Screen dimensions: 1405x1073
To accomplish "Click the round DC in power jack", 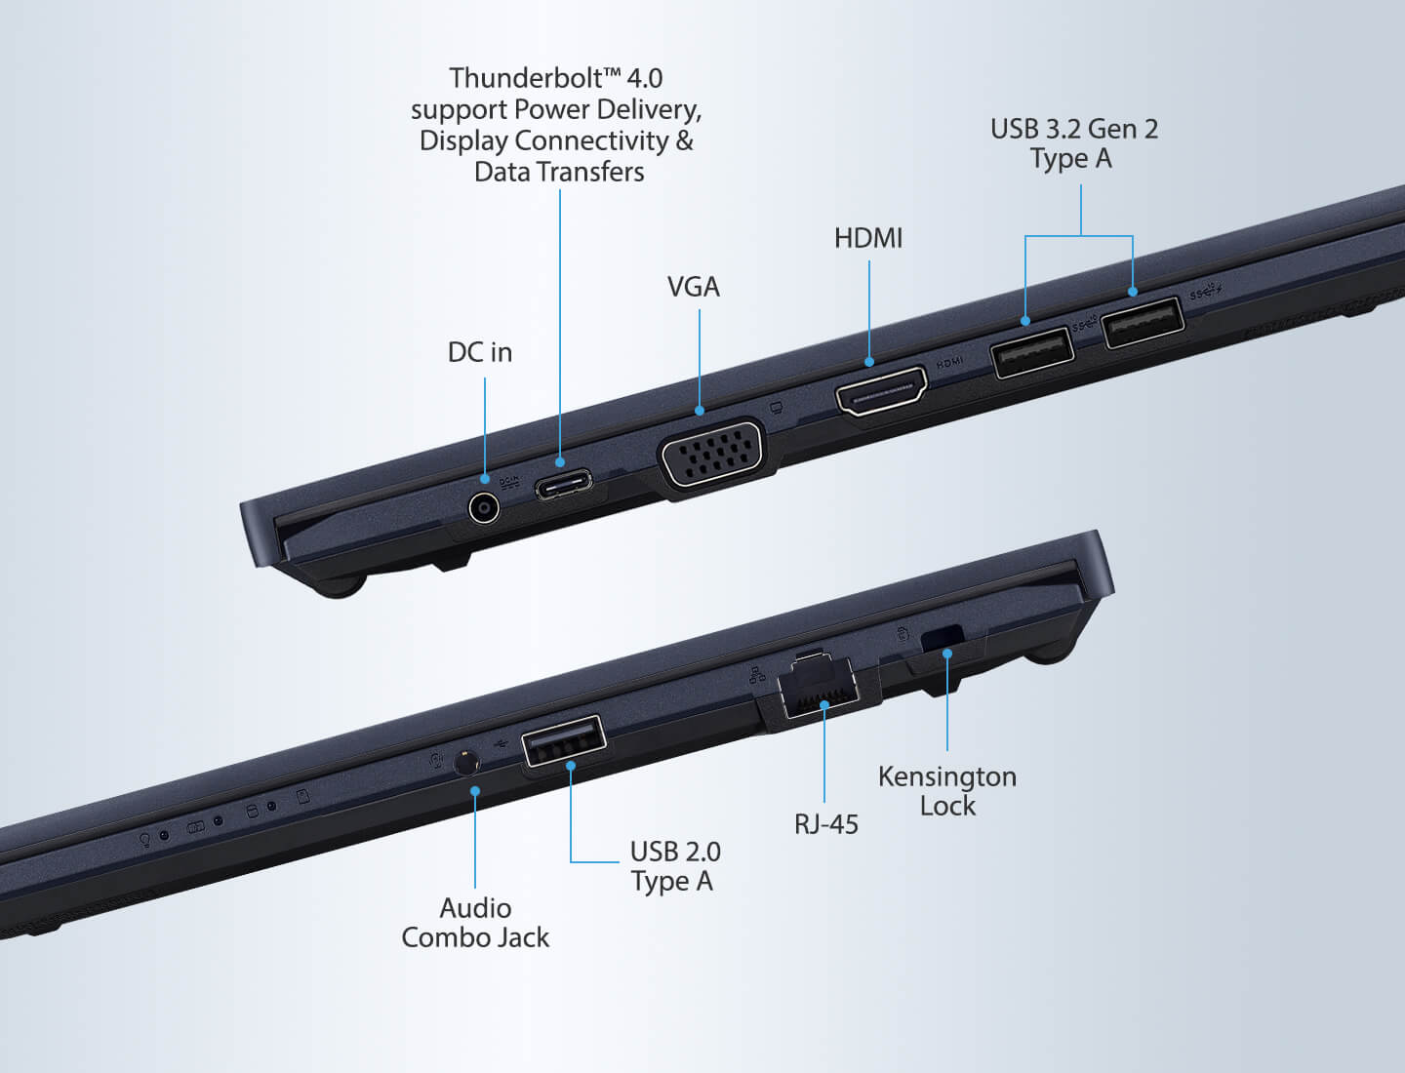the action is point(483,508).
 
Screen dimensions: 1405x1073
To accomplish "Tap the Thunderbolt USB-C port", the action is point(564,485).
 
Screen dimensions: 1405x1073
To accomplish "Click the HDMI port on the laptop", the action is point(881,391).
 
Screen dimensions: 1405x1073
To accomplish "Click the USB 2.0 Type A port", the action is point(563,740).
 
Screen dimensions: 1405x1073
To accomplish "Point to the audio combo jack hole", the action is point(466,763).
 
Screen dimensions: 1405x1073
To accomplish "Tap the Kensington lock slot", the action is point(942,639).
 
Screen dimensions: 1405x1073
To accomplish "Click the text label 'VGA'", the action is point(694,288).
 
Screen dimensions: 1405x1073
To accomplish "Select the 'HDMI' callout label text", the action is point(868,239).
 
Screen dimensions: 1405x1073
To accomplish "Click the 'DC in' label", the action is point(480,352).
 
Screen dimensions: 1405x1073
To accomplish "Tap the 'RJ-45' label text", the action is point(826,824).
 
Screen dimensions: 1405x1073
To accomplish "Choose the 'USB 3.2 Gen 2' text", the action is point(1074,129).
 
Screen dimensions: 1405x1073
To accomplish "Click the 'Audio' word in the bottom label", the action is point(475,908).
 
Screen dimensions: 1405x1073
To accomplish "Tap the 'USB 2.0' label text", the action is point(675,853).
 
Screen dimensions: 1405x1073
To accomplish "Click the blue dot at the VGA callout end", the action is point(700,411).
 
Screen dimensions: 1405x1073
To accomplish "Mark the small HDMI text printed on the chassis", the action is point(950,363).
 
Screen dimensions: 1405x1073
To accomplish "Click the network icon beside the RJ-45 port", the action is point(757,674).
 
